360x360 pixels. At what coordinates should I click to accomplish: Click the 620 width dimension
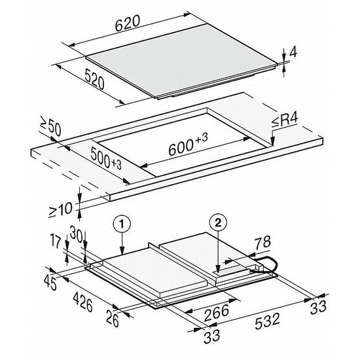point(128,23)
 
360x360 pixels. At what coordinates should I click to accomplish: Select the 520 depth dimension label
point(94,79)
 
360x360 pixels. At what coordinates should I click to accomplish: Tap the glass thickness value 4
point(293,53)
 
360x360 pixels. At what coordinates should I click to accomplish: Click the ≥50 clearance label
point(51,126)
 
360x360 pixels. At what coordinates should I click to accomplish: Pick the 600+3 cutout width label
point(188,145)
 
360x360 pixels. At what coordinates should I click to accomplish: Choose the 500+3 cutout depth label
point(106,158)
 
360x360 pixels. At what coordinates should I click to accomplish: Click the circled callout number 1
point(122,224)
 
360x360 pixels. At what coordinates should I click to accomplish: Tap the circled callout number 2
point(218,222)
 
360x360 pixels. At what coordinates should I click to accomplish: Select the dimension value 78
point(262,242)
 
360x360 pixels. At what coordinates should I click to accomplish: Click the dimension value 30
point(76,234)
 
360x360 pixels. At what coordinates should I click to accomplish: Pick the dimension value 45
point(50,282)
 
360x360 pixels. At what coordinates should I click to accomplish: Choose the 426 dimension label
point(83,302)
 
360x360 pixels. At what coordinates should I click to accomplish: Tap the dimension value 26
point(113,318)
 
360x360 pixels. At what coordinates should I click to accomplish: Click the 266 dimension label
point(217,312)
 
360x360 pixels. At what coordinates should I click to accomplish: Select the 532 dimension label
point(268,321)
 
